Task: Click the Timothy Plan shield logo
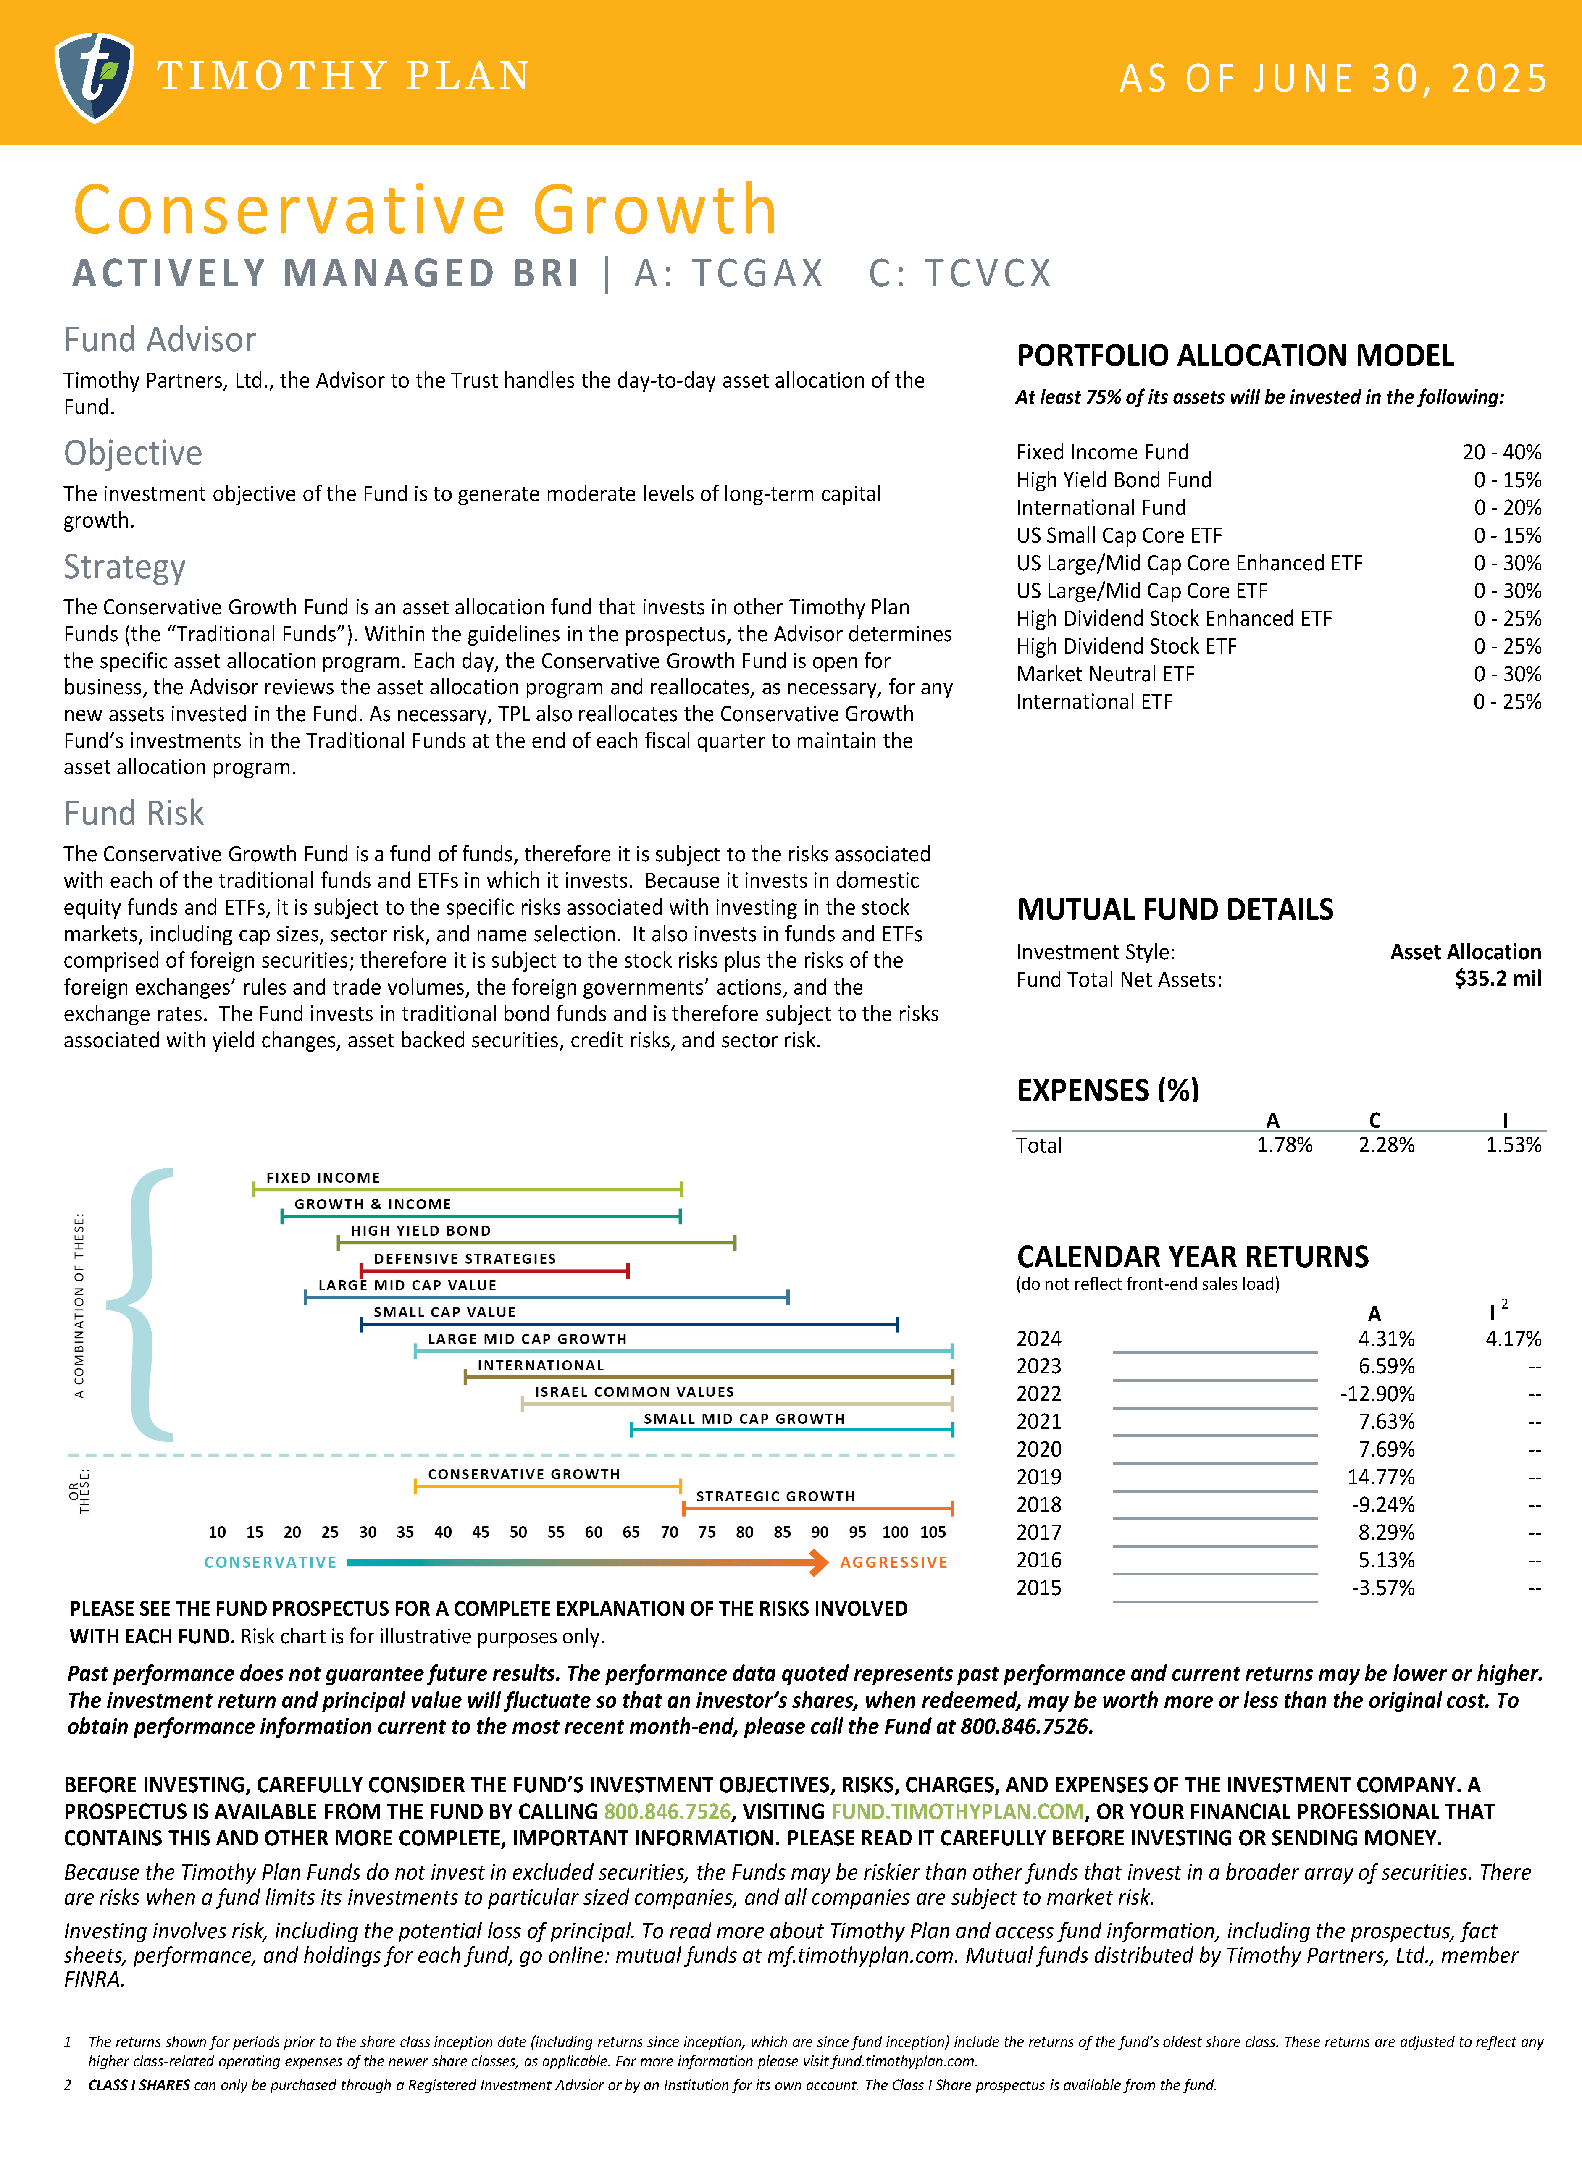pyautogui.click(x=94, y=77)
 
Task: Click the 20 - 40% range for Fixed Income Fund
pyautogui.click(x=1501, y=452)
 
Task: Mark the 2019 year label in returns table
pyautogui.click(x=1039, y=1477)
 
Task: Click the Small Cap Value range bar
pyautogui.click(x=628, y=1325)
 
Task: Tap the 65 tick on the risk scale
pyautogui.click(x=631, y=1532)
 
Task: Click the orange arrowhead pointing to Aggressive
pyautogui.click(x=818, y=1563)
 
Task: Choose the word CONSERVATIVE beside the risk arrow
pyautogui.click(x=271, y=1563)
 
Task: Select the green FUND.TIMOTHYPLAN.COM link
pyautogui.click(x=957, y=1811)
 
